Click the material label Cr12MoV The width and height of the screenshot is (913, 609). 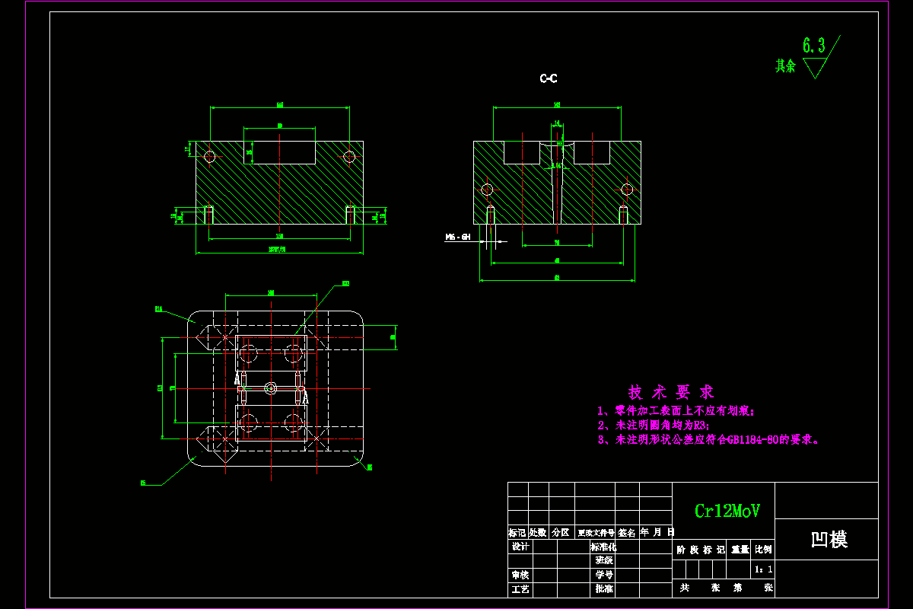point(727,511)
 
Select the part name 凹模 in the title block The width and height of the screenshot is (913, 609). point(829,540)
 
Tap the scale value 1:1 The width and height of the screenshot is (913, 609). point(763,569)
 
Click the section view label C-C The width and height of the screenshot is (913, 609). point(549,78)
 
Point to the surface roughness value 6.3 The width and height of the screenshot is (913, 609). point(814,46)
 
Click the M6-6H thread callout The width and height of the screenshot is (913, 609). point(458,238)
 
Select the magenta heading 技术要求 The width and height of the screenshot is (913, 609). point(671,392)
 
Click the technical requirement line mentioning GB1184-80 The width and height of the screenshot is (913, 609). point(708,439)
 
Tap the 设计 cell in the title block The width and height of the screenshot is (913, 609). point(520,547)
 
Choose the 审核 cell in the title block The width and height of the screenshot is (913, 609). point(520,575)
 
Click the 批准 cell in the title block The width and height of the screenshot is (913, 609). point(604,589)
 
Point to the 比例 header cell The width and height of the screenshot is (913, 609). point(763,549)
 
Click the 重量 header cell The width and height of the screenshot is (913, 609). point(740,549)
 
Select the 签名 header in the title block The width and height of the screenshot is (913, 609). point(627,533)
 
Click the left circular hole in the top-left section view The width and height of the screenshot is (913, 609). point(210,157)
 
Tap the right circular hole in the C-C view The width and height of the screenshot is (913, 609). point(627,189)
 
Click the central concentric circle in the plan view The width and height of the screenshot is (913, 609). point(271,388)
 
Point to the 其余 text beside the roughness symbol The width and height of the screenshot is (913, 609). point(785,66)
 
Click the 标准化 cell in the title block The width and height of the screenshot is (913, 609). point(604,547)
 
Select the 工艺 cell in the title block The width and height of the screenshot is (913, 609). point(520,589)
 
